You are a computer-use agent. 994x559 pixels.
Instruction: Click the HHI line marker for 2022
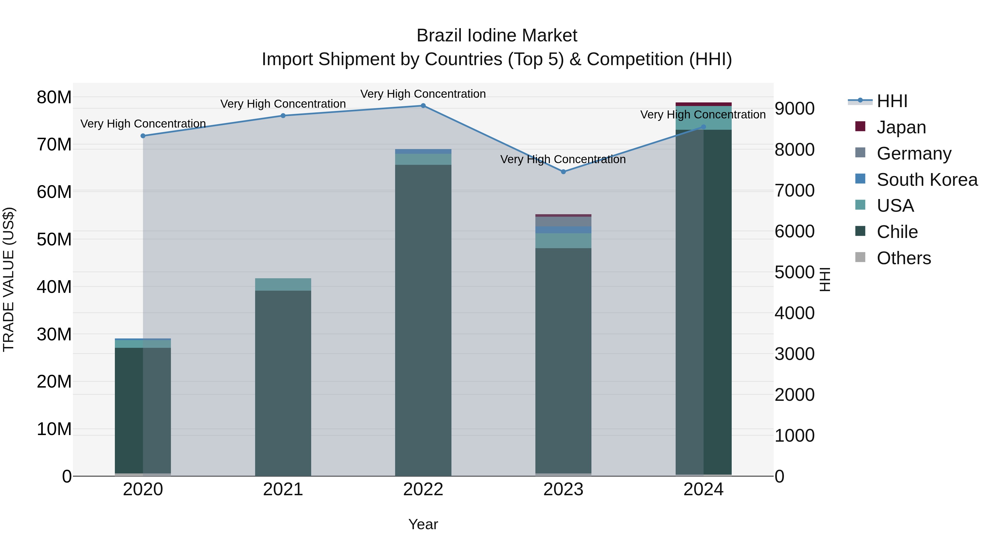tap(423, 106)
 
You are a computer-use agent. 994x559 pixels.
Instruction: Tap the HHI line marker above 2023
tap(563, 172)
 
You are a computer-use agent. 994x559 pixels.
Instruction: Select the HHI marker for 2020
tap(143, 136)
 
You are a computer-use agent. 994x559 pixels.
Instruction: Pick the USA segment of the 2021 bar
tap(283, 284)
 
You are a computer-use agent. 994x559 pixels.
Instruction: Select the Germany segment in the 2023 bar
tap(563, 221)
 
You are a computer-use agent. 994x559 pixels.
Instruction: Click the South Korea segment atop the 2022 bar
tap(423, 151)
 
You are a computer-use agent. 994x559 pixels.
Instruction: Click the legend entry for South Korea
tap(926, 179)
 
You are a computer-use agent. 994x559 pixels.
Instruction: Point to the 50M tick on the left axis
tap(54, 239)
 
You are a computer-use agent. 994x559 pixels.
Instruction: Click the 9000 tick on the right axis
tap(794, 109)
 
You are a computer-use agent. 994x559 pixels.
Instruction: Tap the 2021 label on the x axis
tap(283, 489)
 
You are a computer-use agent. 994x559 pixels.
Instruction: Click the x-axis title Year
tap(423, 524)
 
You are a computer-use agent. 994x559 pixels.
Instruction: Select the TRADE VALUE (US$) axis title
tap(9, 279)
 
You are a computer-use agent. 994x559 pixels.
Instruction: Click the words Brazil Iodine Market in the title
tap(497, 36)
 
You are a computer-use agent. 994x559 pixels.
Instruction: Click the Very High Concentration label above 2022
tap(423, 94)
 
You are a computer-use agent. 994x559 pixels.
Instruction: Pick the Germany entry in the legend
tap(913, 153)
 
